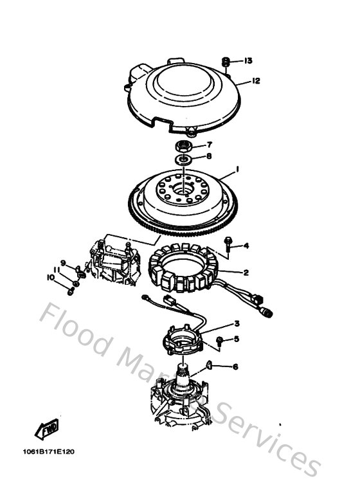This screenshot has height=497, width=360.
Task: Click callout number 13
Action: click(x=248, y=61)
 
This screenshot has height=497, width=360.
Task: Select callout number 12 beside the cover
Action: click(x=255, y=81)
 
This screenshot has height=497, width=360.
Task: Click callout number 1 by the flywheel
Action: click(x=237, y=169)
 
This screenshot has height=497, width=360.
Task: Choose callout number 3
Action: click(x=237, y=323)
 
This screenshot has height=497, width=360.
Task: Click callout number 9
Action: click(x=63, y=262)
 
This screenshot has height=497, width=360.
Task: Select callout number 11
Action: click(x=57, y=269)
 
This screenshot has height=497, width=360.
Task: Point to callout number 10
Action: click(x=50, y=277)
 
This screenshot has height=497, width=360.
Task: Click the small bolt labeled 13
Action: click(x=226, y=61)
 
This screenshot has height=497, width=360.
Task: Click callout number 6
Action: click(x=235, y=366)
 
